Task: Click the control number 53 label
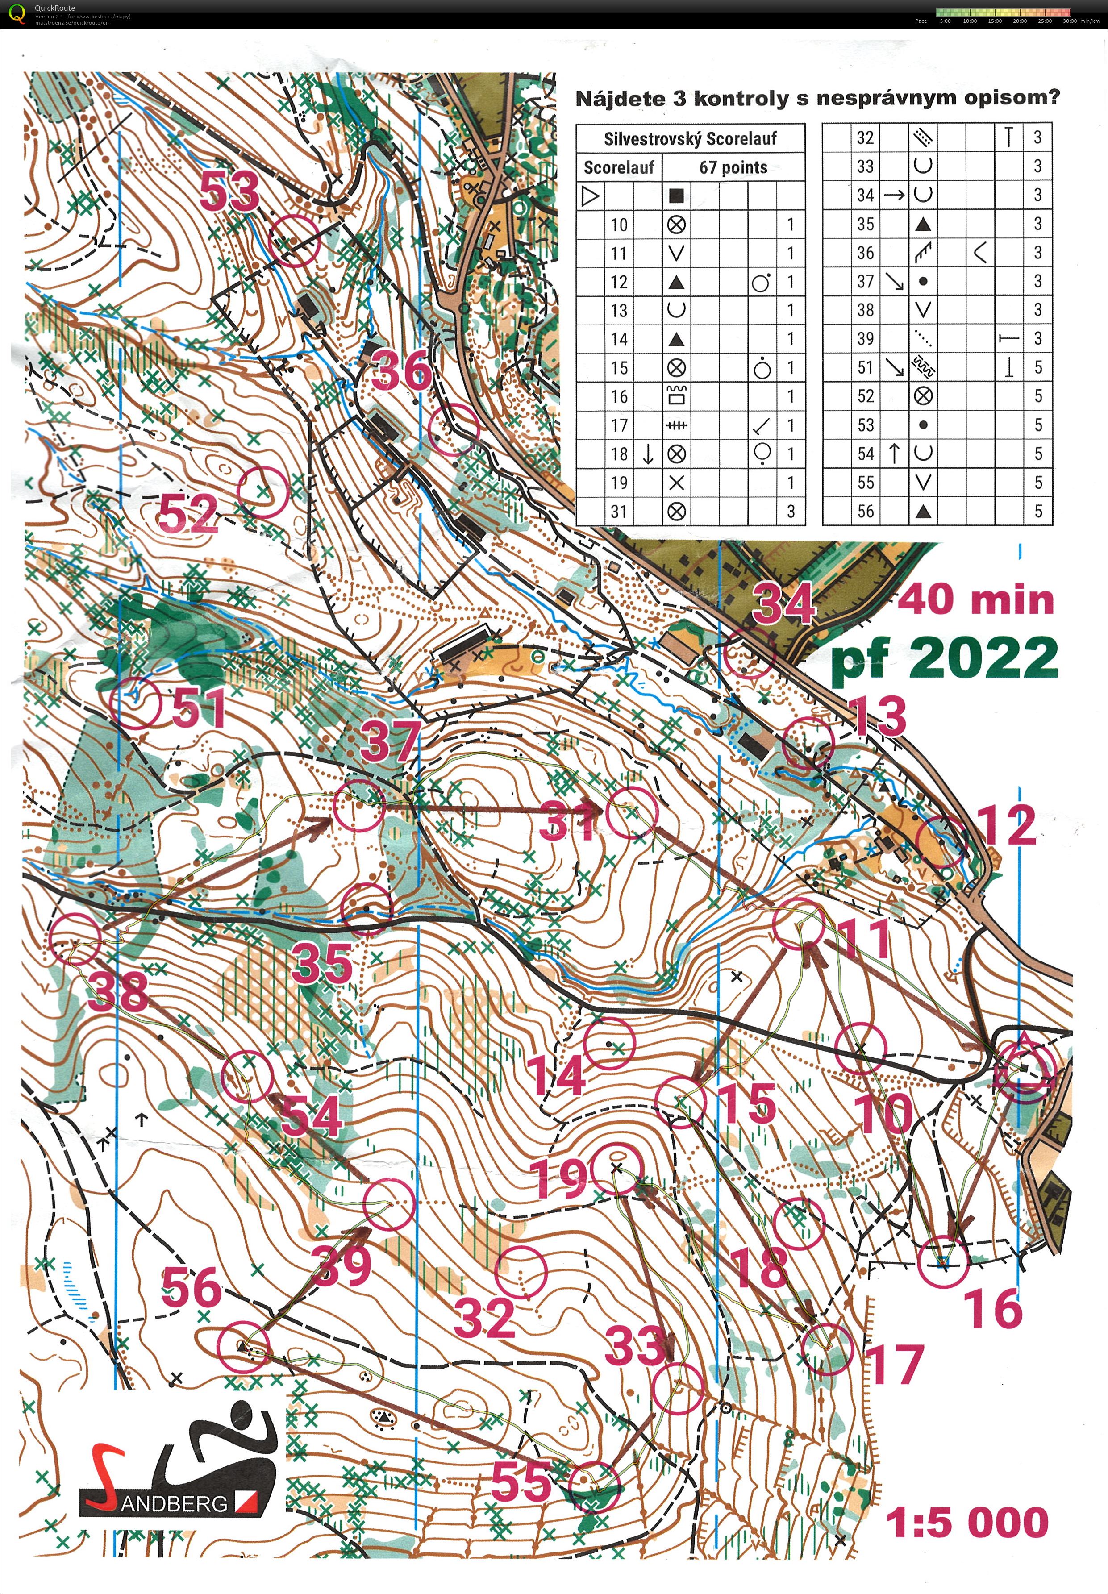(x=229, y=191)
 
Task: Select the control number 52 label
(x=187, y=514)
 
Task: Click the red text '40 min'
(x=975, y=600)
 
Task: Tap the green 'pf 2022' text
(x=944, y=658)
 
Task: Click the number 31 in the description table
(x=619, y=512)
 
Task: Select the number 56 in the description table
(x=865, y=512)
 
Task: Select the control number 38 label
(x=117, y=990)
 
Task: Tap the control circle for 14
(x=609, y=1043)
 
